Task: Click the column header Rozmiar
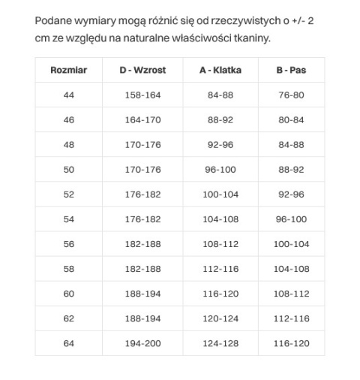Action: point(69,71)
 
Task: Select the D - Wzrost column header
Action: point(142,71)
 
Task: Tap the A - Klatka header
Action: point(220,71)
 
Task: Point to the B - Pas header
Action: point(291,71)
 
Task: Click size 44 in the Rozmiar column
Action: point(69,95)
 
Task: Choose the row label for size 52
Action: point(69,195)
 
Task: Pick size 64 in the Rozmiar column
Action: point(69,343)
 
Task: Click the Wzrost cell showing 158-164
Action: point(142,95)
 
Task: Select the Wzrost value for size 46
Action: point(142,120)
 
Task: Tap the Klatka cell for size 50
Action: point(220,170)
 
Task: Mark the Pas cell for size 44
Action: point(291,95)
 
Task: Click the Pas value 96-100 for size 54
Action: point(291,219)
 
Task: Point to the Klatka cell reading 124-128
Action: point(220,343)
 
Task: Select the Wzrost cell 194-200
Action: point(142,343)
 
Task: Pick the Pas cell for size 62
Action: point(291,318)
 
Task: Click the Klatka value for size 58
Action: point(220,269)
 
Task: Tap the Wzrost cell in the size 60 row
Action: point(142,294)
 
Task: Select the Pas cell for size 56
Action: point(291,244)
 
